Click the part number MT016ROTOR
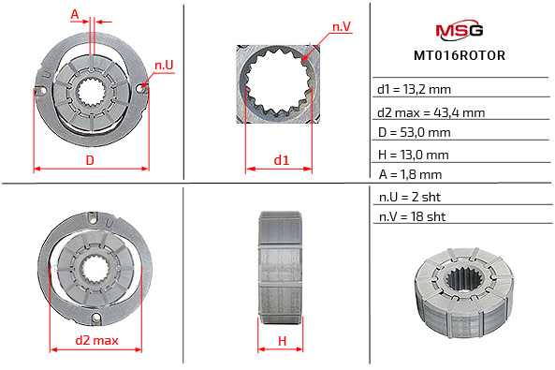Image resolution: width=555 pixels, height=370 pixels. [x=460, y=55]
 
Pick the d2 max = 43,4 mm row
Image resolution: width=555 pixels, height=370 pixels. [x=431, y=112]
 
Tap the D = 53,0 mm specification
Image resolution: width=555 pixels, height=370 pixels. [x=414, y=133]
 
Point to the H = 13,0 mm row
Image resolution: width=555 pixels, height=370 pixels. [x=413, y=154]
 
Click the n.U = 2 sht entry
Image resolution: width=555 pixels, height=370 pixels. [x=409, y=198]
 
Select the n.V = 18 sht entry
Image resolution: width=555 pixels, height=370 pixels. [x=412, y=218]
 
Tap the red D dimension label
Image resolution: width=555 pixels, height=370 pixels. [x=90, y=160]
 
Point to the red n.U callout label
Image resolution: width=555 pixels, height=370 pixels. [x=164, y=65]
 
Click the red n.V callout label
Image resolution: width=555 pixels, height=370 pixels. [x=341, y=27]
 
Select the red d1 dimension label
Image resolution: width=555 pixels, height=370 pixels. [x=281, y=160]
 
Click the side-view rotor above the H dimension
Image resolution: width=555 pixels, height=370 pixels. [x=281, y=259]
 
